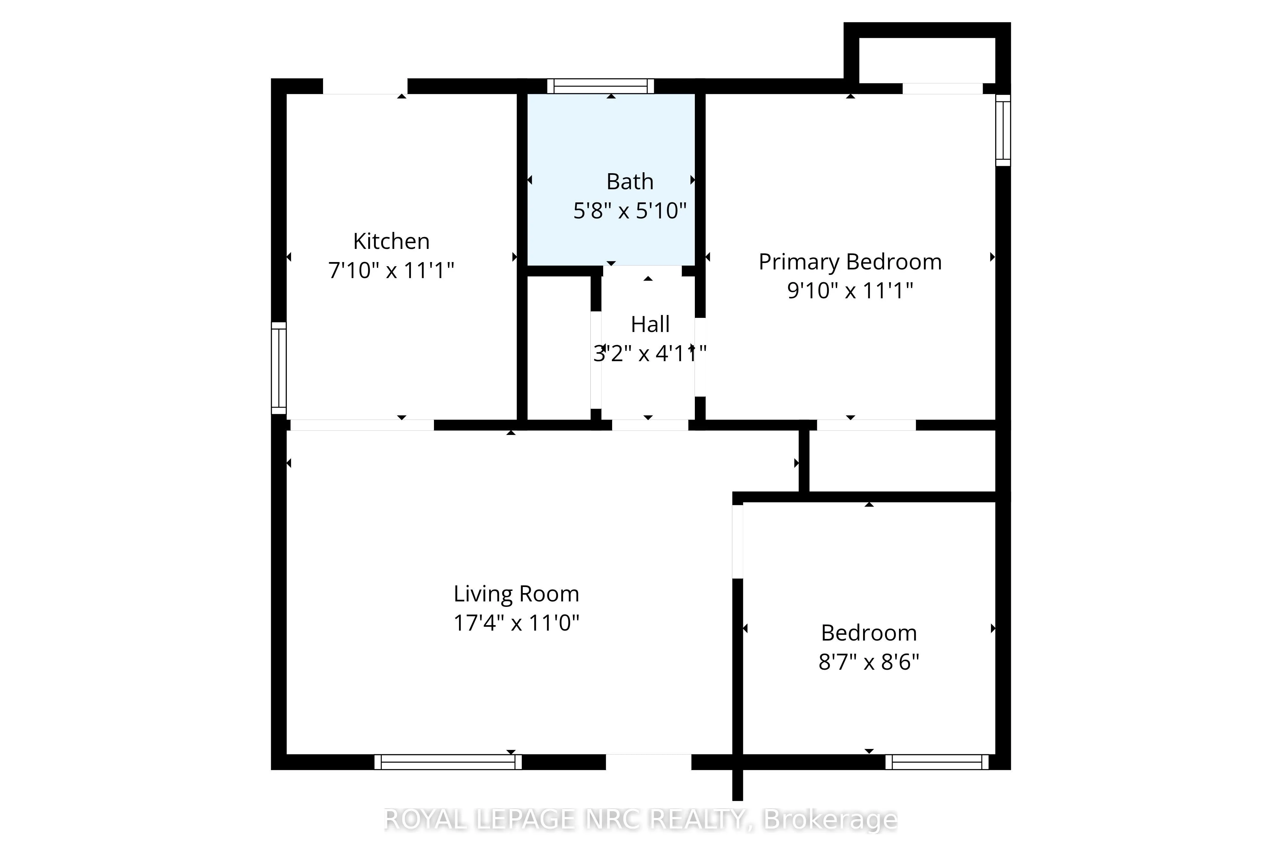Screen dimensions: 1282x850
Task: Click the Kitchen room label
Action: pos(391,241)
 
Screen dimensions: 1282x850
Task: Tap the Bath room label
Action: pos(630,182)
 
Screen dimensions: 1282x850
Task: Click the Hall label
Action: pos(650,324)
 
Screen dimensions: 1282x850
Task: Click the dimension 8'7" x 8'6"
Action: pos(869,662)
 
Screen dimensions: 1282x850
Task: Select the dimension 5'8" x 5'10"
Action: pos(630,210)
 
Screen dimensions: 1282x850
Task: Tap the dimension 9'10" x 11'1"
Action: pos(850,291)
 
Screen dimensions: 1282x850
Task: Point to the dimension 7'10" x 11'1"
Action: pos(391,270)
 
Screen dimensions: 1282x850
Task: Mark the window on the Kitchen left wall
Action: pos(279,368)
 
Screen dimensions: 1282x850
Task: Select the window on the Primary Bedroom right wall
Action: pos(1003,130)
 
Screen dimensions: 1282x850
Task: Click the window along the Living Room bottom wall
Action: pos(448,762)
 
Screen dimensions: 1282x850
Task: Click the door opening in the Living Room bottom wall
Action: pos(648,762)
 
